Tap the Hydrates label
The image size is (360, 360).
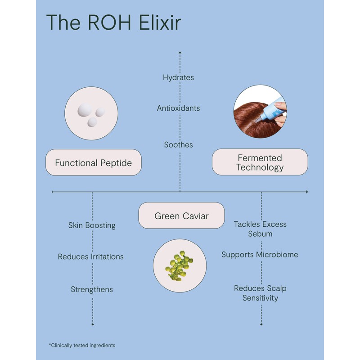click(179, 77)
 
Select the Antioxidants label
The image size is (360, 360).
click(179, 108)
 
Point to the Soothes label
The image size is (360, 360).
click(179, 145)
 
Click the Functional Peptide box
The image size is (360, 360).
click(94, 162)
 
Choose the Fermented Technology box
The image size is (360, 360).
click(260, 162)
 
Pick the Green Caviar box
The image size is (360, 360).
click(181, 216)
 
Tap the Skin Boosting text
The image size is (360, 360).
click(92, 225)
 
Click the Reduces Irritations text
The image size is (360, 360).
click(91, 257)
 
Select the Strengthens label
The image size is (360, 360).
click(92, 289)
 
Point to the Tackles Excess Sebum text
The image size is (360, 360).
click(260, 229)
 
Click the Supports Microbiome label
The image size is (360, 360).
click(260, 255)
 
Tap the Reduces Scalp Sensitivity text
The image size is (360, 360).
click(260, 293)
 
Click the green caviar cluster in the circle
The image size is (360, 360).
click(179, 265)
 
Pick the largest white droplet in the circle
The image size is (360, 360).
click(85, 109)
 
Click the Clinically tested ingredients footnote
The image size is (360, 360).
click(82, 345)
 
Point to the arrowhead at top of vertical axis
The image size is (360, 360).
click(180, 53)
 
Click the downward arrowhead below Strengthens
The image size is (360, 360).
click(93, 324)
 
